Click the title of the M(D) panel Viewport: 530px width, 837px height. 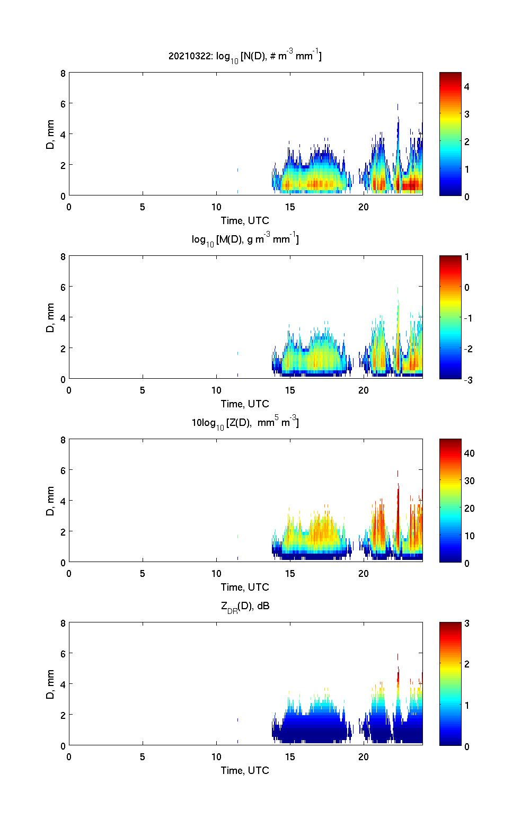coord(245,239)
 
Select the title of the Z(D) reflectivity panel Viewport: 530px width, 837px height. coord(245,423)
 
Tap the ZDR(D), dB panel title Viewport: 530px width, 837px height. coord(245,606)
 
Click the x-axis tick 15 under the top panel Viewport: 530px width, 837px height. coord(290,207)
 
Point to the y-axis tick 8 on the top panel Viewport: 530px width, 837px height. coord(63,73)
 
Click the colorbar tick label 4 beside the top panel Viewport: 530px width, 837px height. coord(467,86)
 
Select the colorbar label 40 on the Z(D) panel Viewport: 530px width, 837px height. coord(469,453)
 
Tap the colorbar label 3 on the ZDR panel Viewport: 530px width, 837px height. coord(467,624)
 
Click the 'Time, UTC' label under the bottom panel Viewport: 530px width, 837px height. coord(245,770)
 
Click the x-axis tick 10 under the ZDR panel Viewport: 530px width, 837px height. coord(216,757)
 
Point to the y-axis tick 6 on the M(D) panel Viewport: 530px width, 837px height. coord(63,287)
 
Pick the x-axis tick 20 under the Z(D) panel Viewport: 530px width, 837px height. coord(364,574)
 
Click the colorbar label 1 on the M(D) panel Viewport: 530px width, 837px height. coord(467,257)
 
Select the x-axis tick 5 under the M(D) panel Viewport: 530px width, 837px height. coord(143,390)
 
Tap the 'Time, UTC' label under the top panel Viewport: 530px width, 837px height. coord(245,220)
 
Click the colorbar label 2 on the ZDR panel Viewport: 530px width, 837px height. coord(467,664)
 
